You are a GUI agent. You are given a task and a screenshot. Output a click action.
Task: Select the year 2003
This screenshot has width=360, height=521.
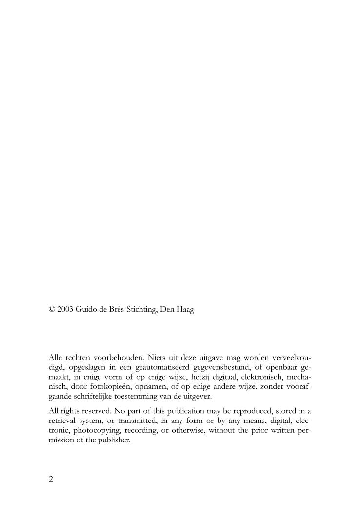[x=65, y=310]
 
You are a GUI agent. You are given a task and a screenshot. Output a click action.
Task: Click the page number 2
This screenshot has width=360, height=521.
[x=51, y=479]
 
